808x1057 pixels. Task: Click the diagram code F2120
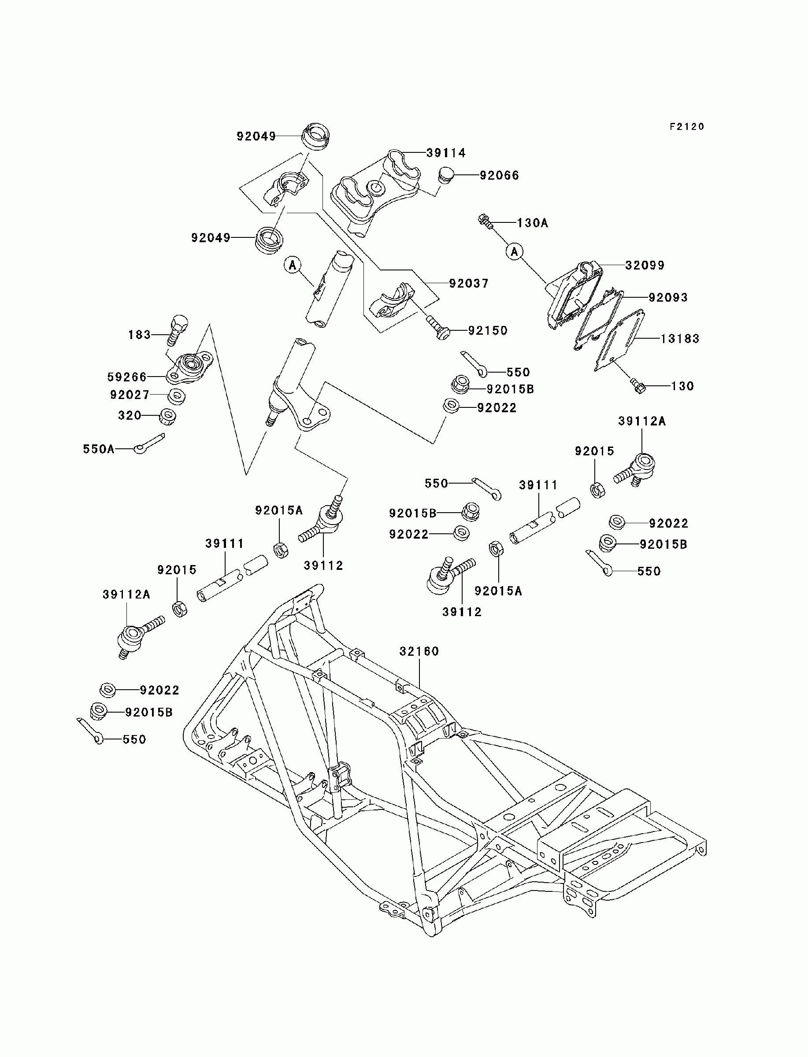coord(687,126)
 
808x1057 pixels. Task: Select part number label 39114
coord(446,153)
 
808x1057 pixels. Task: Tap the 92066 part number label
coord(500,175)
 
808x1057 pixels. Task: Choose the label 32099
coord(645,265)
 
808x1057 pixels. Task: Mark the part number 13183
coord(680,339)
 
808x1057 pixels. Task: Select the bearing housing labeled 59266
coord(189,367)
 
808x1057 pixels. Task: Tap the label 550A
coord(99,449)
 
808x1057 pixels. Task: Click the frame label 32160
coord(419,651)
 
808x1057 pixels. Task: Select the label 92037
coord(469,284)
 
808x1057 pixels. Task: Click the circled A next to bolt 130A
coord(515,251)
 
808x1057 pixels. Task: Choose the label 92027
coord(130,395)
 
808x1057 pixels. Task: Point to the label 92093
coord(668,298)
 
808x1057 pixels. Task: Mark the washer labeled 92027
coord(178,397)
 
